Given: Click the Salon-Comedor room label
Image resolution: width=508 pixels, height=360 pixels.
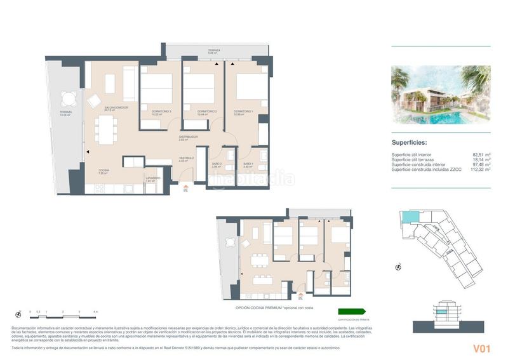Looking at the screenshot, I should point(116,109).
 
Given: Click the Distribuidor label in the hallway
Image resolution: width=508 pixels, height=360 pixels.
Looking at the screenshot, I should point(188,138).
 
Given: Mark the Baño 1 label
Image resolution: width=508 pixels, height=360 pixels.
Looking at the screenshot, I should point(248,165).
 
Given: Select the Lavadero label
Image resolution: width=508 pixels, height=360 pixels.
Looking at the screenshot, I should point(152,179).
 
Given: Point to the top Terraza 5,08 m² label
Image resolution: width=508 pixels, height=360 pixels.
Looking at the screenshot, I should point(213,51).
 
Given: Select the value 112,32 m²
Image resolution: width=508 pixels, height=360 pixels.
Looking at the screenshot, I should point(479,170).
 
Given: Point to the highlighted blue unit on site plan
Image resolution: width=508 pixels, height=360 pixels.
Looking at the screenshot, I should point(410,218).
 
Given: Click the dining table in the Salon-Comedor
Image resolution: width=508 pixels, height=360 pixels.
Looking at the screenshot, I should point(105,130).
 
